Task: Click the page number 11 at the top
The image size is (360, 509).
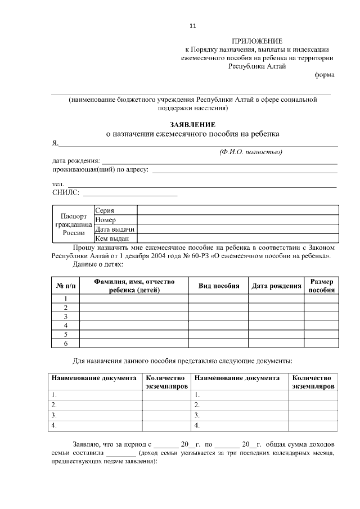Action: pyautogui.click(x=193, y=26)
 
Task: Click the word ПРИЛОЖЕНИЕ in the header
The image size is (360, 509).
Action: pyautogui.click(x=257, y=41)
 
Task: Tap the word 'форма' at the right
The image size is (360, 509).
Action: pyautogui.click(x=325, y=75)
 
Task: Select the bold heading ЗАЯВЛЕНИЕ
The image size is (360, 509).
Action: pyautogui.click(x=192, y=124)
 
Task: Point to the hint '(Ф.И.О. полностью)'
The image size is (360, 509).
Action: pyautogui.click(x=250, y=152)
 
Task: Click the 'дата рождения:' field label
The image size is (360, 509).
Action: pyautogui.click(x=76, y=161)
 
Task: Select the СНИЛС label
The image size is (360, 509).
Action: pyautogui.click(x=66, y=193)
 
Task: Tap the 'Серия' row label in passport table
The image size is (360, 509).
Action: pyautogui.click(x=105, y=210)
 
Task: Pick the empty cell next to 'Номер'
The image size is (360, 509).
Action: pyautogui.click(x=237, y=220)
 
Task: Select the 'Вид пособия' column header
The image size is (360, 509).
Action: pyautogui.click(x=219, y=286)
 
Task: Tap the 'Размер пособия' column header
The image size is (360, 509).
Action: pyautogui.click(x=322, y=286)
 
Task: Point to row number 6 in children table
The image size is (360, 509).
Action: pyautogui.click(x=66, y=344)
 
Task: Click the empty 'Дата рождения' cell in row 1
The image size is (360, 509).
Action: pyautogui.click(x=276, y=299)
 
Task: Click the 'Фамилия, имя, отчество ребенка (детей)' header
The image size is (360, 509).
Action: pyautogui.click(x=134, y=286)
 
